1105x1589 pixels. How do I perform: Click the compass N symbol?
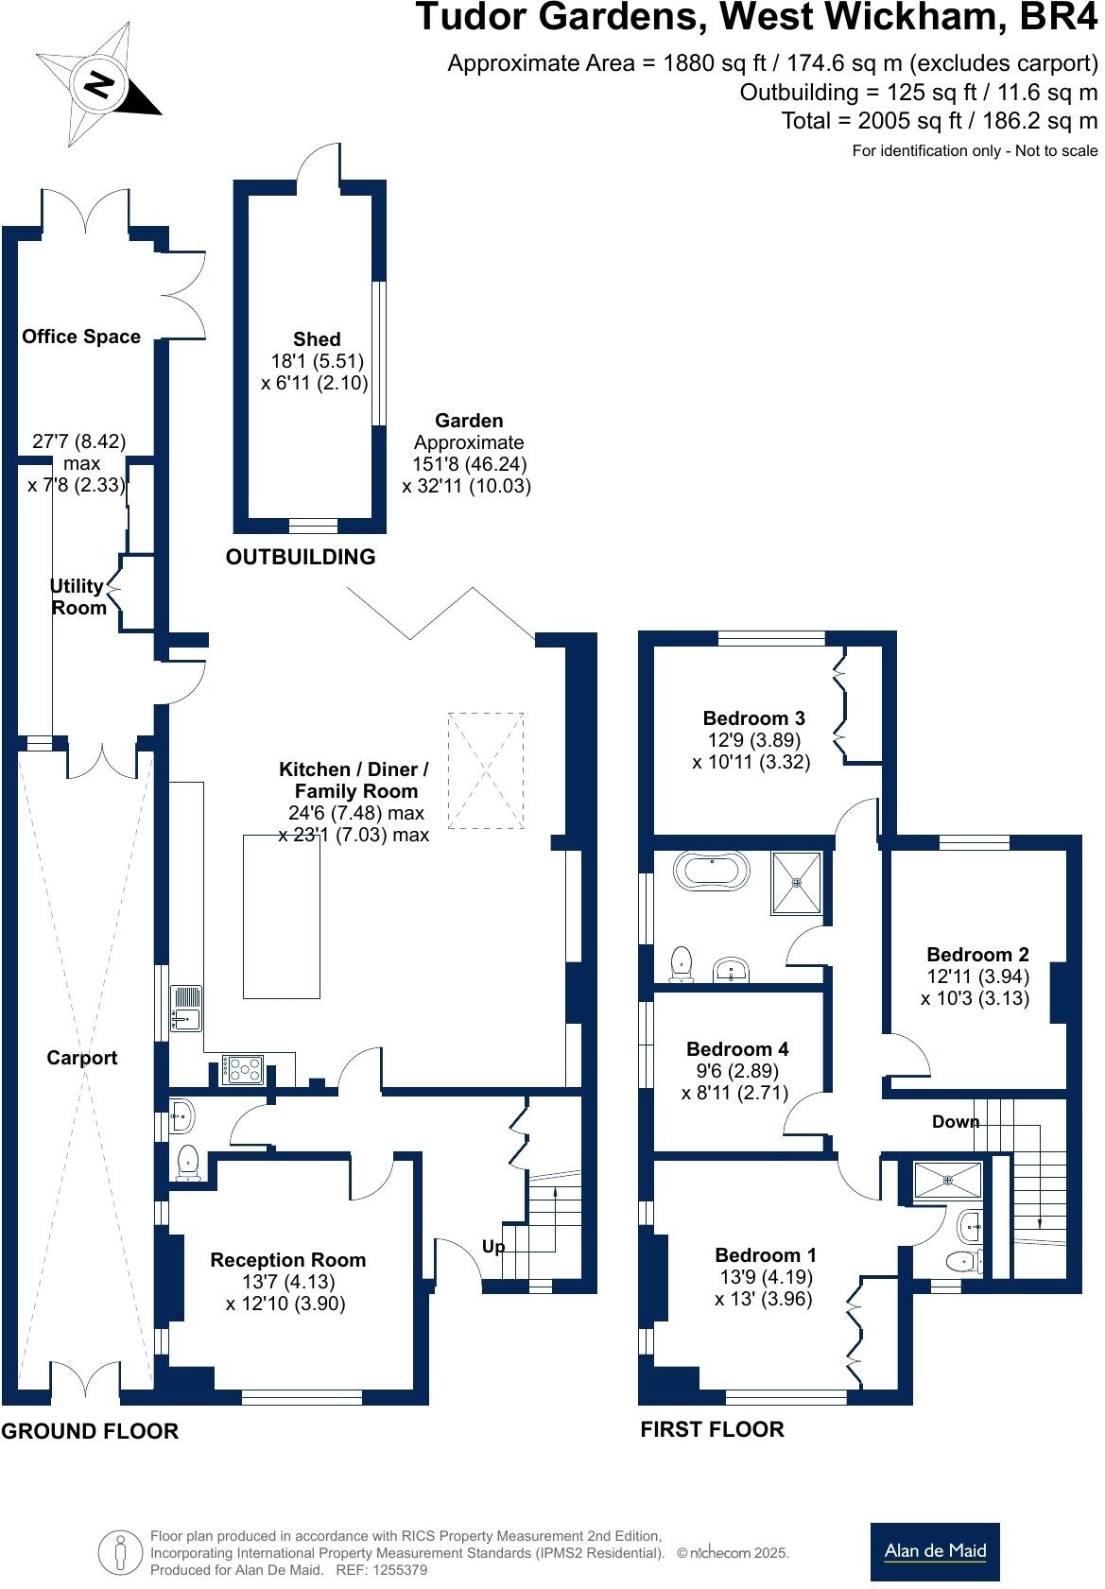point(98,87)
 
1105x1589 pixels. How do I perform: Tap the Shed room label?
point(317,339)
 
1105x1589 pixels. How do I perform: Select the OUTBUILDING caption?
point(300,557)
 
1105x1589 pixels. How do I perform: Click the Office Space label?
point(81,337)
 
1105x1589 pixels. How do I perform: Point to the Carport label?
point(81,1058)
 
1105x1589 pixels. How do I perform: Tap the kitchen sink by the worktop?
point(186,1008)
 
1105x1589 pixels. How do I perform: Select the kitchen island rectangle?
point(282,917)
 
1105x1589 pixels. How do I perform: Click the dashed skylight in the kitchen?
point(486,770)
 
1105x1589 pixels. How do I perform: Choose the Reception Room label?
point(288,1260)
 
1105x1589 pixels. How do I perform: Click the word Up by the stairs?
point(492,1247)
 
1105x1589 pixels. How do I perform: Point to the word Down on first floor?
point(956,1121)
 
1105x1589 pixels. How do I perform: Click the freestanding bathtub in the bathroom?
point(711,872)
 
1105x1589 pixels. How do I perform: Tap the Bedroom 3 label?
point(754,717)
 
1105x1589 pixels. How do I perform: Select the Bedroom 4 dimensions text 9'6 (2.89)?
point(733,1070)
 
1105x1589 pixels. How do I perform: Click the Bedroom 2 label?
point(977,954)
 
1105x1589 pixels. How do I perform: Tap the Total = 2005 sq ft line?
point(939,121)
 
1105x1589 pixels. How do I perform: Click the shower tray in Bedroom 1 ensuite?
point(948,1180)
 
